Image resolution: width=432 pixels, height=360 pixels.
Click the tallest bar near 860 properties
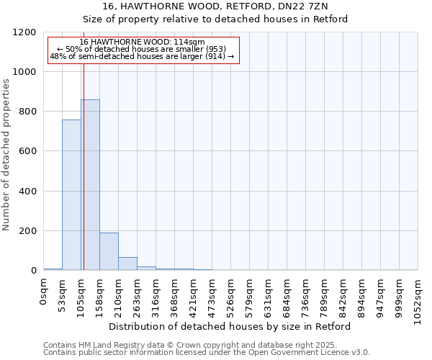click(90, 185)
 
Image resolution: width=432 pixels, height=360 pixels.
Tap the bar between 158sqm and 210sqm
click(109, 251)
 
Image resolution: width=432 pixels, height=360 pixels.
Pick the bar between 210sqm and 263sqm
click(127, 264)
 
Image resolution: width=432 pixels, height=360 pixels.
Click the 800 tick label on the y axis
click(29, 112)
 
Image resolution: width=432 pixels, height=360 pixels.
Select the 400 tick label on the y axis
click(29, 192)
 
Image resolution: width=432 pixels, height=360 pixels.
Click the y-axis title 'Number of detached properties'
click(6, 155)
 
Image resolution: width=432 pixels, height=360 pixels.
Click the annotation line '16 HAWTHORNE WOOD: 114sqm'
click(142, 42)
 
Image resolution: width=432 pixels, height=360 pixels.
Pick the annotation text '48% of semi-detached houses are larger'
click(142, 56)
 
